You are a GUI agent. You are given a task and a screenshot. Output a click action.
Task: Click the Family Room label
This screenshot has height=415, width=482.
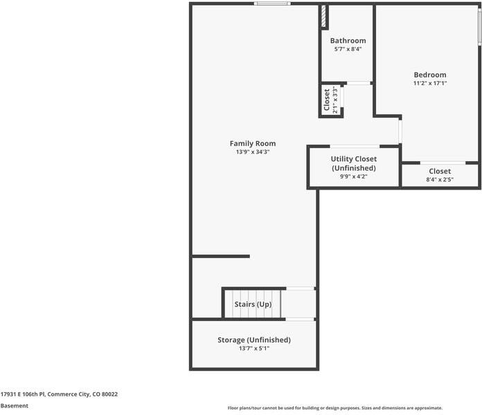pyautogui.click(x=253, y=144)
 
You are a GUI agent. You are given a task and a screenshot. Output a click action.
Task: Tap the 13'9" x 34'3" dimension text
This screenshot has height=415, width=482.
pyautogui.click(x=253, y=152)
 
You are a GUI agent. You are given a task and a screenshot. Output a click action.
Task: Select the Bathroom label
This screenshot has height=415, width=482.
pyautogui.click(x=348, y=41)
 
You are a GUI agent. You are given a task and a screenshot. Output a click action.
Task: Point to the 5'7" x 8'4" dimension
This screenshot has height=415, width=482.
pyautogui.click(x=348, y=49)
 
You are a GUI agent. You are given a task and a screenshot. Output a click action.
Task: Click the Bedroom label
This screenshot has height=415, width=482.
pyautogui.click(x=430, y=75)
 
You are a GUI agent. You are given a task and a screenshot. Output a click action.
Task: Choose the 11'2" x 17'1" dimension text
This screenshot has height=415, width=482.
pyautogui.click(x=430, y=83)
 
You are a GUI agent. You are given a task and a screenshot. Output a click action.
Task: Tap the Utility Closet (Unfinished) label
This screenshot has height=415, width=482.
pyautogui.click(x=354, y=163)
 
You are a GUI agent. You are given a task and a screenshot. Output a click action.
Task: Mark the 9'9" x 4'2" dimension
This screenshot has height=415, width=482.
pyautogui.click(x=354, y=176)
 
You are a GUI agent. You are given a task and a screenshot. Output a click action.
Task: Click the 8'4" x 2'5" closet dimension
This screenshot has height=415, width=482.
pyautogui.click(x=440, y=180)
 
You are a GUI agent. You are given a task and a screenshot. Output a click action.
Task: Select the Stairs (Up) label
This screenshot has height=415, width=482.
pyautogui.click(x=253, y=304)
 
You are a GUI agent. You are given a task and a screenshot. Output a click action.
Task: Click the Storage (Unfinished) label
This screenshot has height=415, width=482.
pyautogui.click(x=254, y=340)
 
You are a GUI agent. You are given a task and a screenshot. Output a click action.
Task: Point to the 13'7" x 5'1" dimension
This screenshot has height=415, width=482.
pyautogui.click(x=254, y=349)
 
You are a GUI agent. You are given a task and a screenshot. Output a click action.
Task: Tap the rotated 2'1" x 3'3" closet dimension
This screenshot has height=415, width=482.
pyautogui.click(x=335, y=100)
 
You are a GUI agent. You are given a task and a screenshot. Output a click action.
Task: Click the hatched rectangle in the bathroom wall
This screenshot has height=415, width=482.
pyautogui.click(x=323, y=17)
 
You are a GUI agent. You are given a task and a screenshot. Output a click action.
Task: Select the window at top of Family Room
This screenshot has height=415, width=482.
pyautogui.click(x=272, y=3)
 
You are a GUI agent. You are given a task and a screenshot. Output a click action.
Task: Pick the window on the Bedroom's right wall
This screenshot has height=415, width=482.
pyautogui.click(x=479, y=27)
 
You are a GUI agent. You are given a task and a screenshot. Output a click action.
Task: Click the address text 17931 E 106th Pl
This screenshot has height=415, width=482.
pyautogui.click(x=23, y=394)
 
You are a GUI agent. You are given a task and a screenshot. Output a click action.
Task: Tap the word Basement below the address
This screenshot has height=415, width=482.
pyautogui.click(x=15, y=406)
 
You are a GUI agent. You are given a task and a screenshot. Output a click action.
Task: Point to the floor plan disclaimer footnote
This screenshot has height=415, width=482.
pyautogui.click(x=335, y=408)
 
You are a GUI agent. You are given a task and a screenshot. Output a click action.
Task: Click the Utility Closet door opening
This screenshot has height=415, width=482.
pyautogui.click(x=355, y=147)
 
